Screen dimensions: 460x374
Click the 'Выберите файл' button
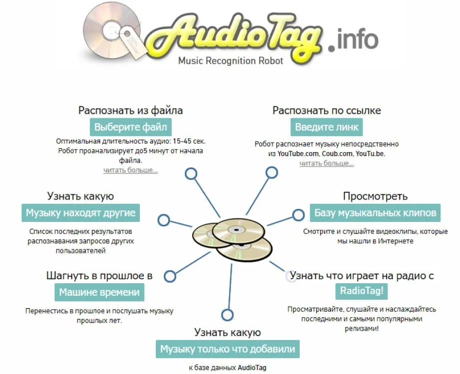(130, 127)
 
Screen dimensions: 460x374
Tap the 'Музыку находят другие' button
(81, 213)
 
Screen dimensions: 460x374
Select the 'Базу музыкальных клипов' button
(375, 213)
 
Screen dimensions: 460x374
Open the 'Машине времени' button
(99, 292)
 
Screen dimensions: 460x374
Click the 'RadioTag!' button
(362, 291)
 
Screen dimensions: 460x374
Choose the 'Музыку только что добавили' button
(228, 349)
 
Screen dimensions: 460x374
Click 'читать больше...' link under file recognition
(130, 170)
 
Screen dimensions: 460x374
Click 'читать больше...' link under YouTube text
(327, 164)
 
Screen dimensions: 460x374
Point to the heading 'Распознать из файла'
(130, 110)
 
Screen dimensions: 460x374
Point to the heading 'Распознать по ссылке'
(327, 110)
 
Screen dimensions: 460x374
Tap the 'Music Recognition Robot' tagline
(231, 61)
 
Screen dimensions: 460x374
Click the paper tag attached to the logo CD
(133, 43)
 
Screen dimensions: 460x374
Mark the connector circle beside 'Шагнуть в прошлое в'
(170, 276)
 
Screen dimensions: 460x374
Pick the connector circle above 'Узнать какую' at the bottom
(227, 315)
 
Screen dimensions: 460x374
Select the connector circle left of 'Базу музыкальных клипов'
(298, 215)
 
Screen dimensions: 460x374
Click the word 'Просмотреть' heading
(375, 196)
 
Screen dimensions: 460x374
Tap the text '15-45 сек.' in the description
(189, 141)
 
